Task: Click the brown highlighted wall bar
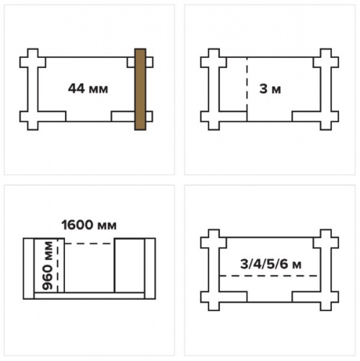click(140, 90)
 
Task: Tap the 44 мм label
click(88, 89)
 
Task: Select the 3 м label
click(270, 89)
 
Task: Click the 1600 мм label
click(89, 225)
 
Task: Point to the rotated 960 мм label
click(48, 266)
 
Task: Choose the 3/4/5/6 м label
click(271, 264)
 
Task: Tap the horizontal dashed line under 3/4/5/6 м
click(269, 276)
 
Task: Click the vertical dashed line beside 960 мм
click(58, 266)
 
